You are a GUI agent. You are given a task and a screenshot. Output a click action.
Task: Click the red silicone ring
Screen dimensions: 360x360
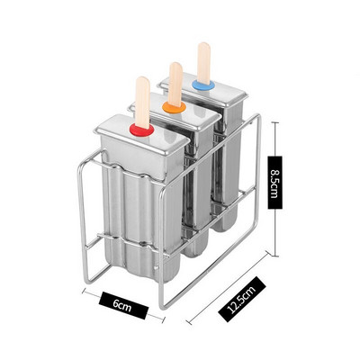(141, 130)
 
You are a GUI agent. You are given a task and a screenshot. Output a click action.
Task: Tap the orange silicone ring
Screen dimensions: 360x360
(174, 106)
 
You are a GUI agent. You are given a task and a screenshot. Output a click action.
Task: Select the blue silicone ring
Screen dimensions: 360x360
(203, 85)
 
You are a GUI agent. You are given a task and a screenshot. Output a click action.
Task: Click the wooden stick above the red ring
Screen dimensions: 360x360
(143, 103)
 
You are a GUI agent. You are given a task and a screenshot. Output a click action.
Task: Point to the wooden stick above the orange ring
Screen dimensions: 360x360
(175, 84)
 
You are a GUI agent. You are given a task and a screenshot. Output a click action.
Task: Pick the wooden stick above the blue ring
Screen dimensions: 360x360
(204, 64)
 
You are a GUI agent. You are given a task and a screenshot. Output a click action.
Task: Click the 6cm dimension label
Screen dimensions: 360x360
(122, 305)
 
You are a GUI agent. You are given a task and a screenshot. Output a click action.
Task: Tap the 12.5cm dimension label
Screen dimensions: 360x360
(242, 299)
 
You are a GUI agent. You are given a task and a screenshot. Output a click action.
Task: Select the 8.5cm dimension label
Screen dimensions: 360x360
(275, 183)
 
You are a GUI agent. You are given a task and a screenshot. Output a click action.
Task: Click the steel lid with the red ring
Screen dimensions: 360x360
(141, 132)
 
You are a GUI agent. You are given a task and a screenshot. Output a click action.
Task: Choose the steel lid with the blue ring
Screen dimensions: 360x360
(205, 89)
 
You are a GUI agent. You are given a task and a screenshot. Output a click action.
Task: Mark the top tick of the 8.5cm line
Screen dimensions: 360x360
(275, 122)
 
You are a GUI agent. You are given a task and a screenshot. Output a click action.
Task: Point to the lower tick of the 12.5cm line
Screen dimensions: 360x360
(189, 322)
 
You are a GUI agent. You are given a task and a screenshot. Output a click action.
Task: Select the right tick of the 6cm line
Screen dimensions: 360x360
(162, 319)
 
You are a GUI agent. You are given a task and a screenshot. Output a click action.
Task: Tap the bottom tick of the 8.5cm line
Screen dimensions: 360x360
(275, 256)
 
